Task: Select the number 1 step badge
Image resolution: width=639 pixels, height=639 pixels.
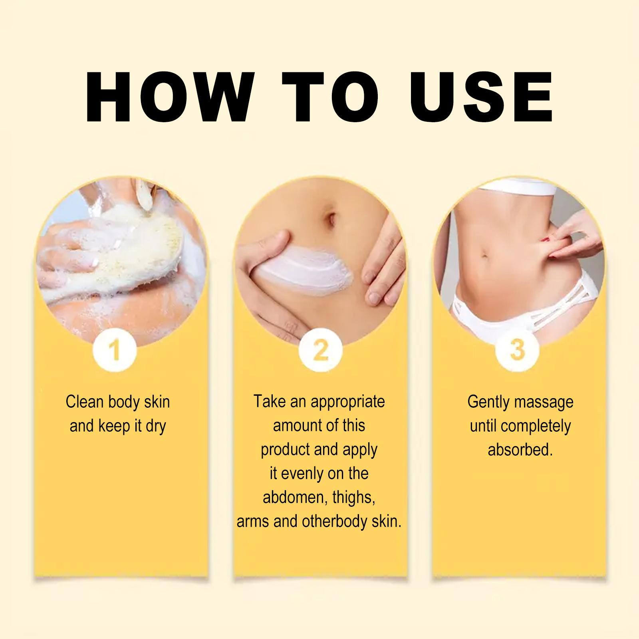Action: click(115, 350)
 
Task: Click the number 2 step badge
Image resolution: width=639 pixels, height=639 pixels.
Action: click(320, 350)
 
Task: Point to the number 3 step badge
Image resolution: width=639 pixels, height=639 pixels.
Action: click(517, 349)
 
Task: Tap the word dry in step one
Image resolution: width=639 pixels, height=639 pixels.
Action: click(156, 426)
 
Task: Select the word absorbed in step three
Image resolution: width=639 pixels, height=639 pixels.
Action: click(520, 450)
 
